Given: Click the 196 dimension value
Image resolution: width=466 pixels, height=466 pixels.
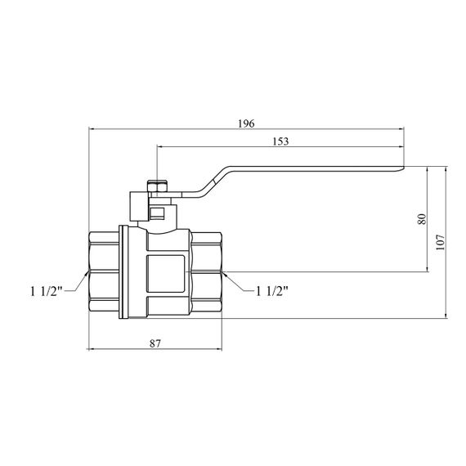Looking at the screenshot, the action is (246, 123).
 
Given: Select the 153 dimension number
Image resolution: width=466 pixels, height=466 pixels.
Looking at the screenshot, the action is (280, 141).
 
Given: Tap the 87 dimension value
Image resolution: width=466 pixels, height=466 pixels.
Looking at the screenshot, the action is (155, 343).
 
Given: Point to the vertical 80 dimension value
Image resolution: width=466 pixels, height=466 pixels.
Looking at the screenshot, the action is (422, 219).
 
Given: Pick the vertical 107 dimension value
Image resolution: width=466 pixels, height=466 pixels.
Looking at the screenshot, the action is (440, 242).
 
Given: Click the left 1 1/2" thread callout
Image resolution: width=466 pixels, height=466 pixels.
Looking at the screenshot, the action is (47, 291).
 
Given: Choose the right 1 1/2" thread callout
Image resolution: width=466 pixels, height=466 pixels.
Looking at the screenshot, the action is (272, 291).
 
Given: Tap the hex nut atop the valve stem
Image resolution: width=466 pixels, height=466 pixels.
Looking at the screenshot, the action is (158, 186).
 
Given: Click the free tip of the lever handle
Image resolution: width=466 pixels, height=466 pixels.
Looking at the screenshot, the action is (404, 168).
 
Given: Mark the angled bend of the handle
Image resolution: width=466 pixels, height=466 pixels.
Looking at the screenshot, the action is (214, 181).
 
